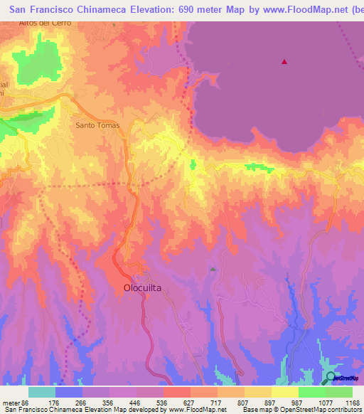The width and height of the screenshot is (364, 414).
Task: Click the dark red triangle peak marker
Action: (284, 62)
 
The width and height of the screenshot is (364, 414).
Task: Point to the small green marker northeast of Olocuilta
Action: (212, 269)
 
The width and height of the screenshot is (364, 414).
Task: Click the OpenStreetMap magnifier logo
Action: (329, 378)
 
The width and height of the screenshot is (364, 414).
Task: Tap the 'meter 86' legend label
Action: (15, 402)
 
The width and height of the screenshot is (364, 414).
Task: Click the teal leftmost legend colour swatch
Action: (42, 392)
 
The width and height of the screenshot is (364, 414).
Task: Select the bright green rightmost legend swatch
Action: (338, 392)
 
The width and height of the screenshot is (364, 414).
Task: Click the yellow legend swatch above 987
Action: (285, 392)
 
